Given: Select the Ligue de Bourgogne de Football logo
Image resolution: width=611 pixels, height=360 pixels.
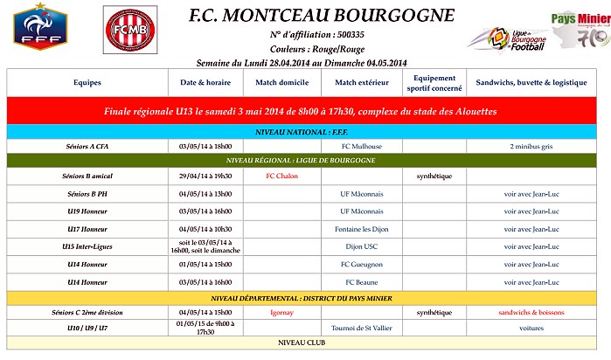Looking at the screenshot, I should pyautogui.click(x=505, y=38).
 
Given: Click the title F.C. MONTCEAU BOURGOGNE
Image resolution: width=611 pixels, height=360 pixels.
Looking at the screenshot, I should pyautogui.click(x=322, y=16).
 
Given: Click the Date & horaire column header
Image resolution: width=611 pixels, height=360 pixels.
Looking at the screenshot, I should pyautogui.click(x=205, y=83).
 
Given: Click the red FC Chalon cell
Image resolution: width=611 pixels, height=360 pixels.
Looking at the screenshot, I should pyautogui.click(x=282, y=176).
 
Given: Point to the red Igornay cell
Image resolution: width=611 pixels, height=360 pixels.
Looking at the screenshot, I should pyautogui.click(x=282, y=312).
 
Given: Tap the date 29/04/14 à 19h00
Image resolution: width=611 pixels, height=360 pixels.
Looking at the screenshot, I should pyautogui.click(x=205, y=176).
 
